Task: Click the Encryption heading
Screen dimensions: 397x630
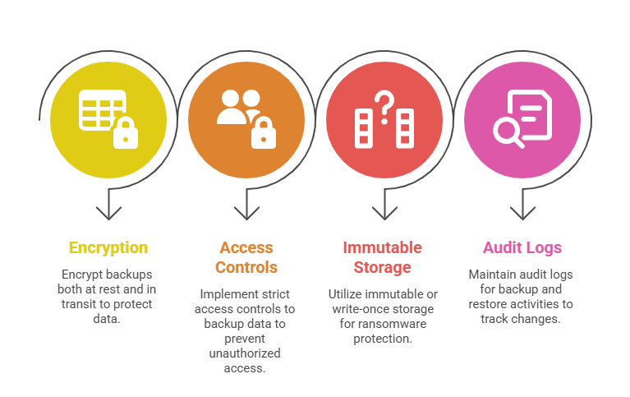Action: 108,247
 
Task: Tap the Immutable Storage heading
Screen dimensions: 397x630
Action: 383,257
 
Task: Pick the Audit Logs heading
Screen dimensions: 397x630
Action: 522,247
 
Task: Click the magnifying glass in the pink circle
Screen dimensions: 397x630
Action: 508,132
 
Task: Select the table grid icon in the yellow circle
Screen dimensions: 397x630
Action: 100,109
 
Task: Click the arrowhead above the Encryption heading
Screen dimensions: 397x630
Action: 108,213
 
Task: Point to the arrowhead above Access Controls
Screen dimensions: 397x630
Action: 246,213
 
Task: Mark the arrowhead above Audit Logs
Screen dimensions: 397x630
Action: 522,213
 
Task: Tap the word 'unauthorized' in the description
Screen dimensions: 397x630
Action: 246,353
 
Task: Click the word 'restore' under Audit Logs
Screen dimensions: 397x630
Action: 491,304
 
